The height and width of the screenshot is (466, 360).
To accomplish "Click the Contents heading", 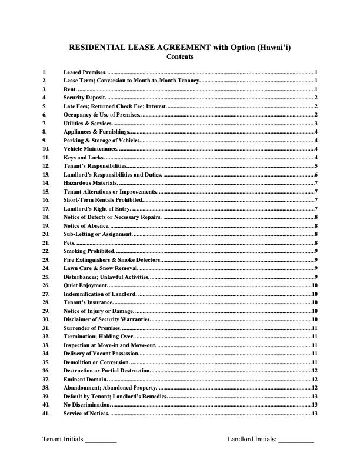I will pyautogui.click(x=179, y=57).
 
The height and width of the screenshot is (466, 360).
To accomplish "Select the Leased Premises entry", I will pyautogui.click(x=85, y=71).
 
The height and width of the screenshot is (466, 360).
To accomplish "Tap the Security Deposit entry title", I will pyautogui.click(x=85, y=97).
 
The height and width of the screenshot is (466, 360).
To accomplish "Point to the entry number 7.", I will pyautogui.click(x=44, y=124).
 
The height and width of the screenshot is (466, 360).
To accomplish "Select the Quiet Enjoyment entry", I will pyautogui.click(x=85, y=286).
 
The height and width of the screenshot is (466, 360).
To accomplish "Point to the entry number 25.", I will pyautogui.click(x=45, y=277).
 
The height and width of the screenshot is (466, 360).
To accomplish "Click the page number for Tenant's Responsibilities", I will pyautogui.click(x=316, y=167).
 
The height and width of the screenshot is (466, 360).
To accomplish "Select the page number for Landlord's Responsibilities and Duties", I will pyautogui.click(x=316, y=175).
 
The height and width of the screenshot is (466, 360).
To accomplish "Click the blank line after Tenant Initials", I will pyautogui.click(x=101, y=439).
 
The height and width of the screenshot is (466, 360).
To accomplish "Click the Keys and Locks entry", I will pyautogui.click(x=84, y=158).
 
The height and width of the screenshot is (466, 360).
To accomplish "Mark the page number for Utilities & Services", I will pyautogui.click(x=316, y=124).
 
